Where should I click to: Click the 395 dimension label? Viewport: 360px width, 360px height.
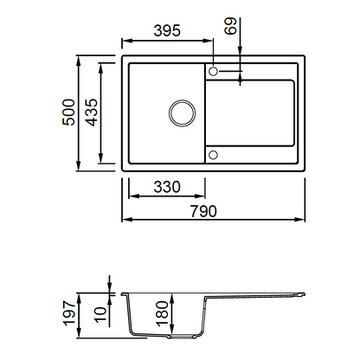pyautogui.click(x=167, y=30)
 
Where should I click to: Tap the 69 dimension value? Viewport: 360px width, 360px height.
pyautogui.click(x=231, y=26)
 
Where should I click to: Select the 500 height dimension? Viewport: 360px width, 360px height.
pyautogui.click(x=68, y=112)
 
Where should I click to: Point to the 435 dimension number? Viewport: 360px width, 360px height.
pyautogui.click(x=92, y=112)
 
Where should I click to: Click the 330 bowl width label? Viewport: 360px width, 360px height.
pyautogui.click(x=167, y=187)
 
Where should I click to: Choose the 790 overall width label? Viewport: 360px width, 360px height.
pyautogui.click(x=203, y=211)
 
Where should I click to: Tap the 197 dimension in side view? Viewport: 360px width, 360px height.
pyautogui.click(x=69, y=313)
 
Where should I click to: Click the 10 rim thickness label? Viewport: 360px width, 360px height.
pyautogui.click(x=100, y=314)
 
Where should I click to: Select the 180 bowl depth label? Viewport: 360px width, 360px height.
pyautogui.click(x=162, y=313)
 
